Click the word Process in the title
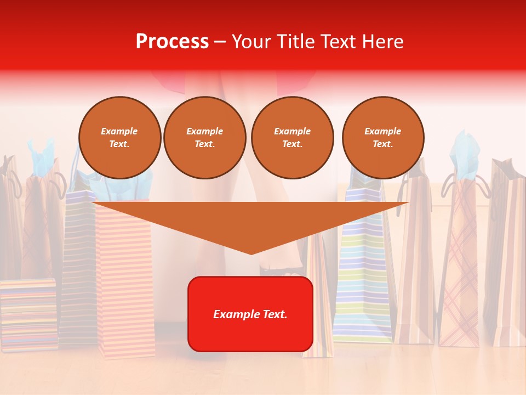[172, 42]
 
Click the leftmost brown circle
[119, 137]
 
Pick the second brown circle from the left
[204, 137]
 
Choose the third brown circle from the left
[292, 137]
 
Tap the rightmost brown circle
[382, 137]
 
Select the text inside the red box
[250, 314]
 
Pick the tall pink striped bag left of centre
[126, 285]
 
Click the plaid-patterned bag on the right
[459, 263]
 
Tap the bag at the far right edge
[507, 252]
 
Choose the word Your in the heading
[251, 42]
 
